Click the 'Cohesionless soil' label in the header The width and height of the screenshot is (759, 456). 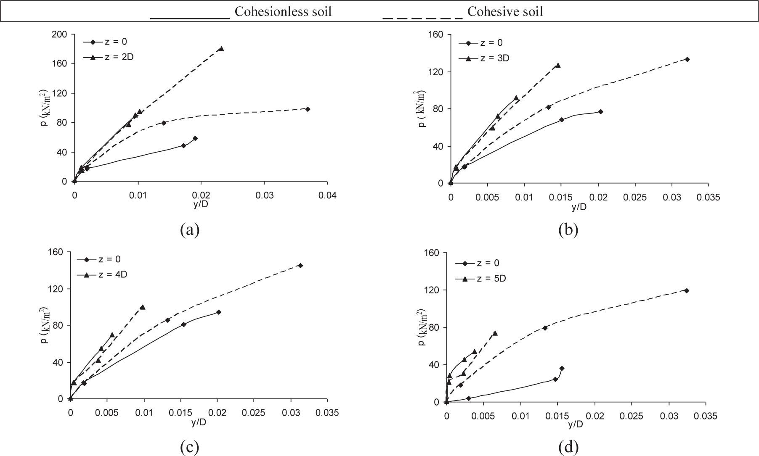coord(283,11)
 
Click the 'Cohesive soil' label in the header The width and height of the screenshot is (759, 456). coord(505,11)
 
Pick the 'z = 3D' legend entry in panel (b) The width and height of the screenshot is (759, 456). coord(494,58)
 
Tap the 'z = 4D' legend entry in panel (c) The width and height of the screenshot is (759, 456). coord(112,275)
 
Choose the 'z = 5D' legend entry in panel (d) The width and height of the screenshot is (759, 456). coord(491,279)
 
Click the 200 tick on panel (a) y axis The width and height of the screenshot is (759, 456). coord(59,34)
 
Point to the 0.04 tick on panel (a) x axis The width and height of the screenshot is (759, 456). coord(327,196)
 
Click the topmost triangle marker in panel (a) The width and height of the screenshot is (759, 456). coord(221,49)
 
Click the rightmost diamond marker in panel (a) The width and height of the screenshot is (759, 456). coord(308,109)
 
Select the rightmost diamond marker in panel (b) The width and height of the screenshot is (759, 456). coord(687,59)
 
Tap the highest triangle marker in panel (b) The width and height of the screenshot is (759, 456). coord(558,66)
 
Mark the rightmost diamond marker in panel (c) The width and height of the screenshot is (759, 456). coord(300,265)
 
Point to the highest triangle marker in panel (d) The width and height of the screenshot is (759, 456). coord(495,333)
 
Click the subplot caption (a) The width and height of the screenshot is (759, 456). coord(189,229)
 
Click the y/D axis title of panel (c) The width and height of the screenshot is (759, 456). coord(199,422)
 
